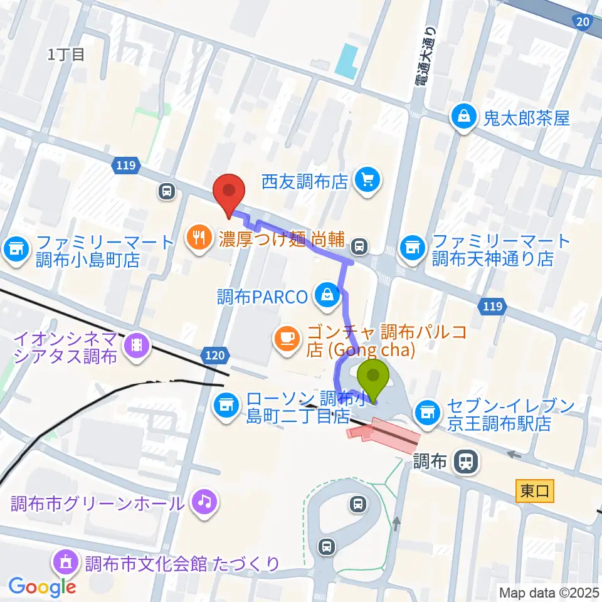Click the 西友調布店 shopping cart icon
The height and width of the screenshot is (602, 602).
click(366, 182)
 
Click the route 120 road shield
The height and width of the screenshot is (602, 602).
click(214, 356)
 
